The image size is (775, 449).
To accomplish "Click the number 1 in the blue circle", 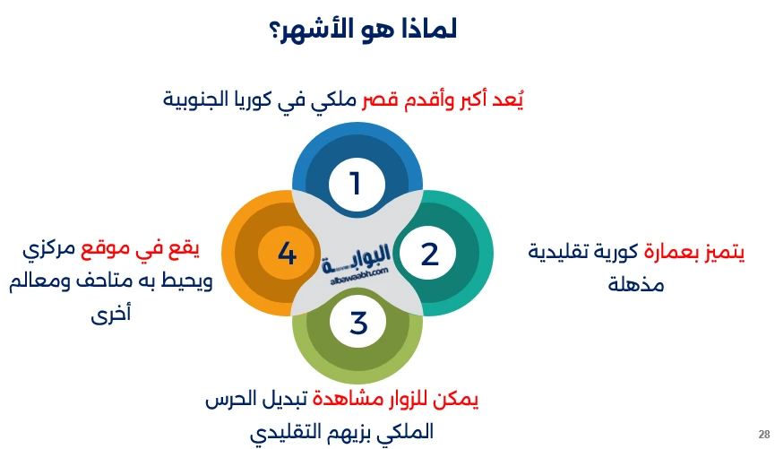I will (356, 184).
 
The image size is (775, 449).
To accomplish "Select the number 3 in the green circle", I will (358, 323).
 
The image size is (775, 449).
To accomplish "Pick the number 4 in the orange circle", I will (287, 255).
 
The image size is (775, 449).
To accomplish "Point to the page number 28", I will (763, 431).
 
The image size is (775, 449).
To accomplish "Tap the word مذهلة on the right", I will (635, 286).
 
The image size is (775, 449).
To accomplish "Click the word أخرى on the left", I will (111, 315).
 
